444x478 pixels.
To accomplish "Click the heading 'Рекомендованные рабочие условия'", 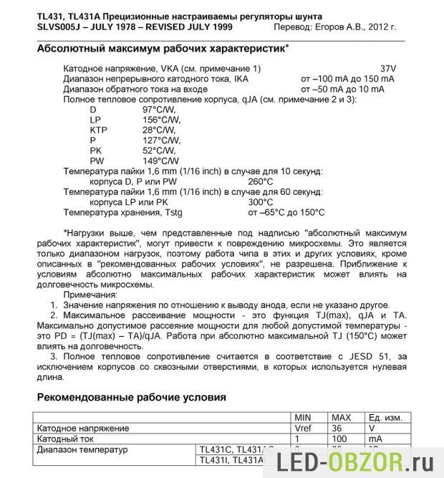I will click(x=132, y=396).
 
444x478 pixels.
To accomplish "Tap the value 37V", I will click(x=387, y=67).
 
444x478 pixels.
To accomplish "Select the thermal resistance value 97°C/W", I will click(x=160, y=109).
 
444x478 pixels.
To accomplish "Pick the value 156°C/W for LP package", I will click(x=162, y=120).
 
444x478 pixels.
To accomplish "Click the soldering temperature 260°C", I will click(x=260, y=182).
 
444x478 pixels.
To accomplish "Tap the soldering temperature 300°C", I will click(x=260, y=202).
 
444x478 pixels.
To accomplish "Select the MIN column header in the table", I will click(x=305, y=417).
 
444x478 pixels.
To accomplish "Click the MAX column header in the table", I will click(x=340, y=417).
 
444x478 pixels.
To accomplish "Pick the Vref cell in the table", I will click(x=305, y=428).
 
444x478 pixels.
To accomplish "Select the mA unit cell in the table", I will click(x=376, y=439).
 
